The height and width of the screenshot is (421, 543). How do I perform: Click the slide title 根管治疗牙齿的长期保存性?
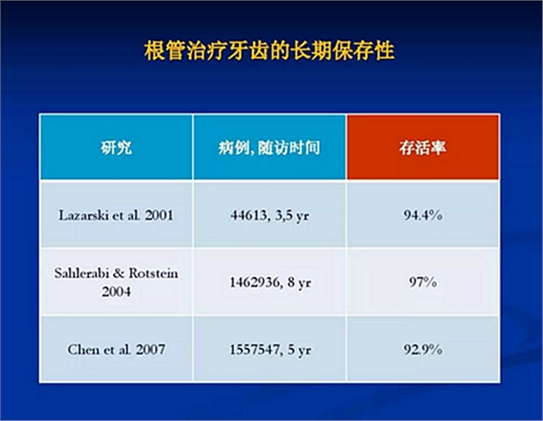point(270,50)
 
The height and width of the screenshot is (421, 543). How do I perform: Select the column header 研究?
point(116,147)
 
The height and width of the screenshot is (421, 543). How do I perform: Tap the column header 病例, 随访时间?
point(270,147)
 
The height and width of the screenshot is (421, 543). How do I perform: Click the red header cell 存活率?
point(423,147)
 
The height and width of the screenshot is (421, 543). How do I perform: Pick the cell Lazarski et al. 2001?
point(116,215)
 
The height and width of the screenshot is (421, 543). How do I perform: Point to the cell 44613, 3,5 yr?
point(270,216)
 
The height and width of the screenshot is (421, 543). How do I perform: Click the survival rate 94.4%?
point(423,215)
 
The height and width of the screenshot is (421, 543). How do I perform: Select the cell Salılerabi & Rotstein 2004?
point(116,282)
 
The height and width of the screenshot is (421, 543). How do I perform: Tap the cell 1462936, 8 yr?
point(271,282)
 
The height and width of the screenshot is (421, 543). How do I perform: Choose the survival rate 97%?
point(423,282)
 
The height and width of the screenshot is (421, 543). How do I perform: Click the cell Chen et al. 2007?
point(116,349)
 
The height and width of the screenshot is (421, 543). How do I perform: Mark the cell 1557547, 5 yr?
point(271,350)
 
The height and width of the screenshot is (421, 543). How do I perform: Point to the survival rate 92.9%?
point(423,349)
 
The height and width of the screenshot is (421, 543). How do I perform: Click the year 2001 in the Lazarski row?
point(159,215)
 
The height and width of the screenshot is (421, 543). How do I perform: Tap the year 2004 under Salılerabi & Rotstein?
point(116,291)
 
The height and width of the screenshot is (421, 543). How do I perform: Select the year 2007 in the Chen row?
point(150,349)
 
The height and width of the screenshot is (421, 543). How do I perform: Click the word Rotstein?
point(153,273)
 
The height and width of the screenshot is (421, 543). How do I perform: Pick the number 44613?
point(248,215)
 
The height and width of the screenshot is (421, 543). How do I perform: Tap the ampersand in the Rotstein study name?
point(118,273)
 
